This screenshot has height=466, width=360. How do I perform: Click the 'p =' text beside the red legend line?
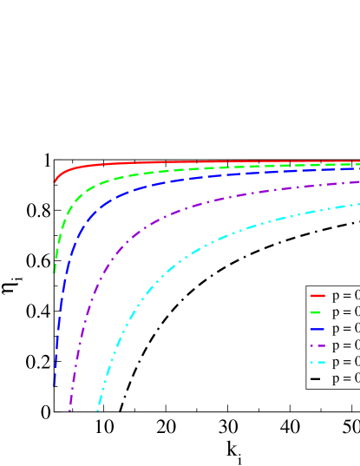click(344, 295)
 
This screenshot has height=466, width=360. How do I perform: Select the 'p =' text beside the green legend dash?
click(344, 312)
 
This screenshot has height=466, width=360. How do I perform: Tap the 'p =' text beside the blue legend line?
click(344, 329)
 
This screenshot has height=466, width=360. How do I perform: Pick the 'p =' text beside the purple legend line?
click(344, 345)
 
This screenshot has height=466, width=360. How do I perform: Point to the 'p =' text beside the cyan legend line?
click(344, 362)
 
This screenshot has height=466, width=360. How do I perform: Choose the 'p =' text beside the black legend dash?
click(344, 378)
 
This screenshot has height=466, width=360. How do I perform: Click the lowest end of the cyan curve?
click(97, 410)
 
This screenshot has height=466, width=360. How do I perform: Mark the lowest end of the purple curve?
click(70, 410)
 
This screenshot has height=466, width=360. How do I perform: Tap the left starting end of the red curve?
click(56, 180)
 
